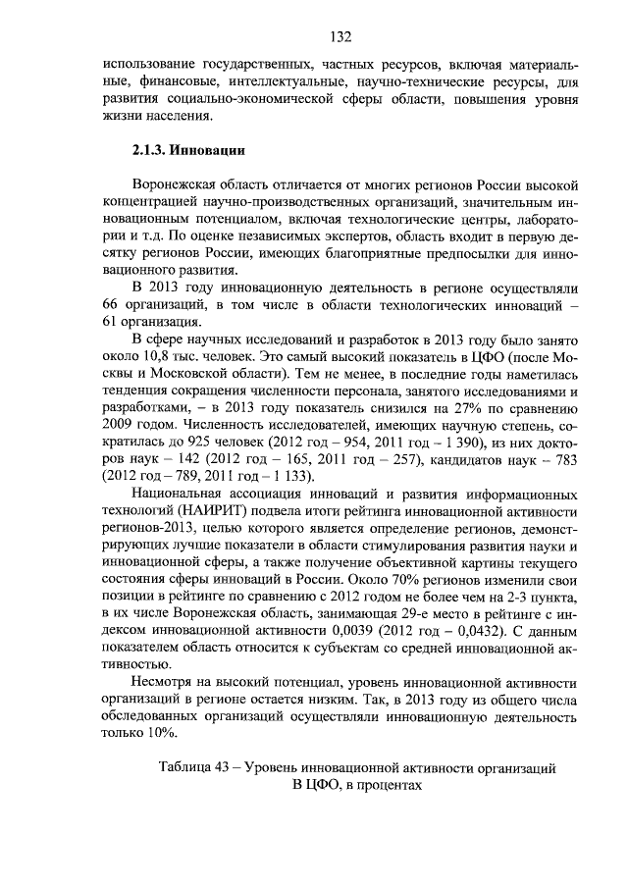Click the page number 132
click(x=341, y=37)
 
